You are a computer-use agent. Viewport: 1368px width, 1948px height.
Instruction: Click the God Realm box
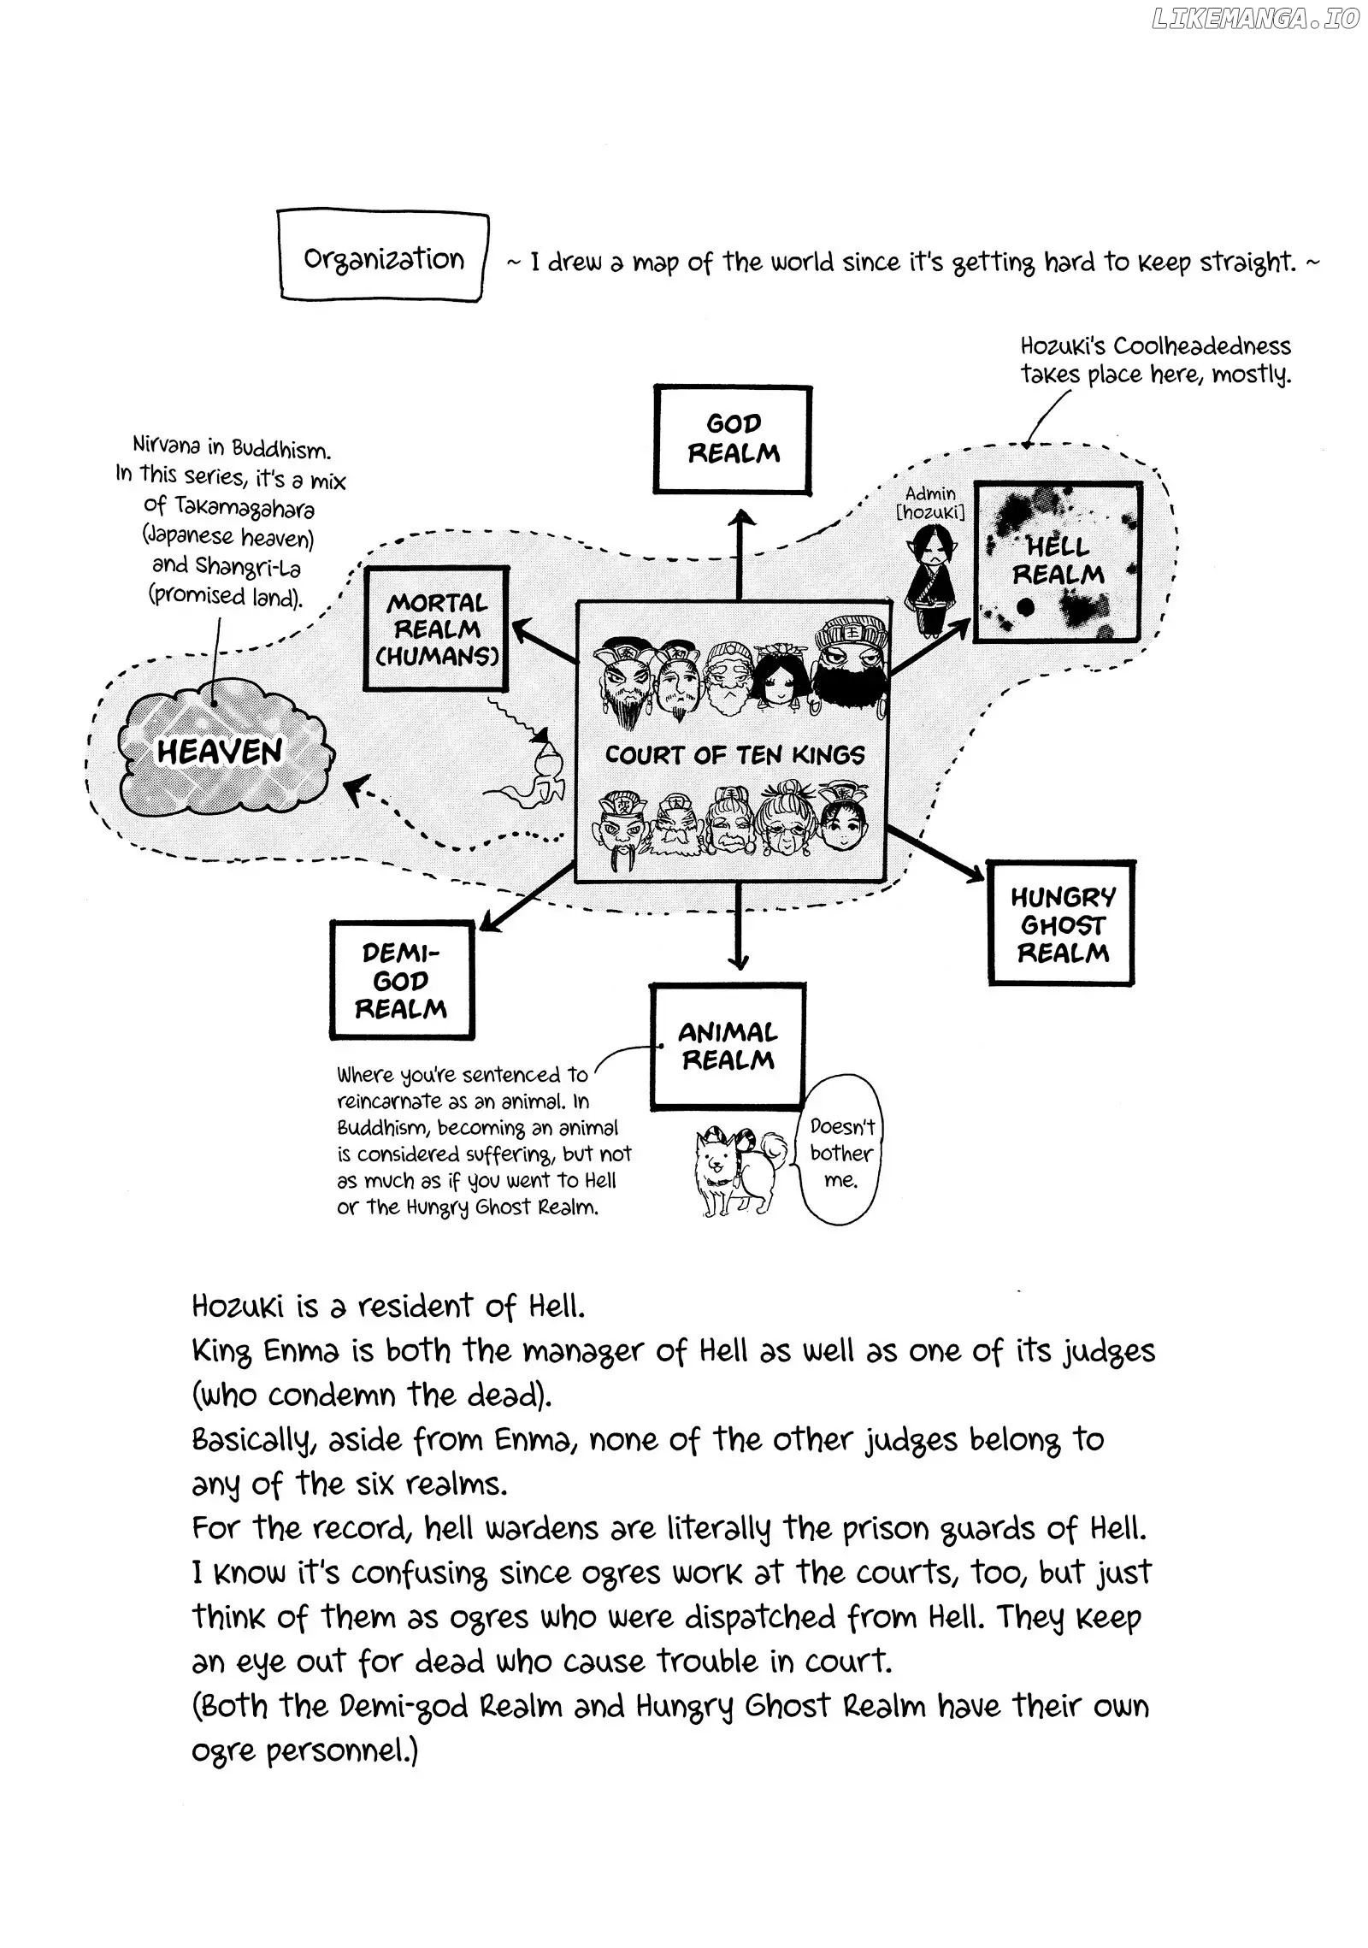733,440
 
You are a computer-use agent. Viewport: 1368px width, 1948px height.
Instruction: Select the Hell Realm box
1058,561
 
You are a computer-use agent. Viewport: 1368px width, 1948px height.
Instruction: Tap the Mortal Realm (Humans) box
436,630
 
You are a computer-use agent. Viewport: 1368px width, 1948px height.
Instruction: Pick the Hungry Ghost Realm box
1061,924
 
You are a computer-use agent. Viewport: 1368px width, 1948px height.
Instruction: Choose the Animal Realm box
728,1046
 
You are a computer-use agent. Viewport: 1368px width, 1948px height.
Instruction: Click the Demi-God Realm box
401,980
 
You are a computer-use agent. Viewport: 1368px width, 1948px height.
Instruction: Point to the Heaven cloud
221,753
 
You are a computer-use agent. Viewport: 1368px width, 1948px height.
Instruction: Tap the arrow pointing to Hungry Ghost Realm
937,852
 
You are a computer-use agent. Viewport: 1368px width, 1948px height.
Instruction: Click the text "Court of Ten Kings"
734,755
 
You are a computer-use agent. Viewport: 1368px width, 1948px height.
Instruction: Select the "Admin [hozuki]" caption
931,503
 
